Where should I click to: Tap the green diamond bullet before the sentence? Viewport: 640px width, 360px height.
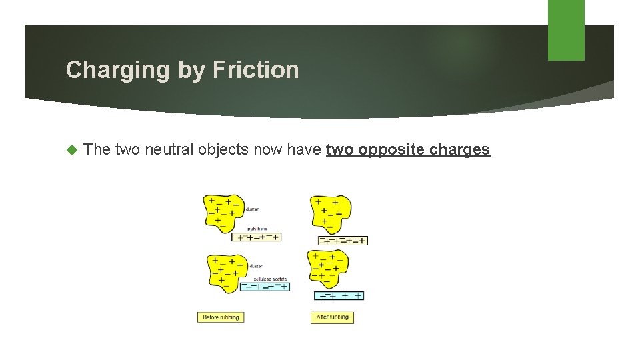73,150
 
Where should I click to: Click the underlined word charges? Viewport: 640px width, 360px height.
460,150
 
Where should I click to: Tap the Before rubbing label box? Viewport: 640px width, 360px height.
221,317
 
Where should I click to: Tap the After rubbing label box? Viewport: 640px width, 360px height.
332,317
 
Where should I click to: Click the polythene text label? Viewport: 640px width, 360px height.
257,229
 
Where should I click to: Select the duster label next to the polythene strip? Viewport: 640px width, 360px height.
253,209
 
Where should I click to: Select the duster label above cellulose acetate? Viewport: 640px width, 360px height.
255,265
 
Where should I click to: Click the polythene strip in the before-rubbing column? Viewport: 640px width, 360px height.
256,237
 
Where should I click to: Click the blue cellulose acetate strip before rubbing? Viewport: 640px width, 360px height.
265,286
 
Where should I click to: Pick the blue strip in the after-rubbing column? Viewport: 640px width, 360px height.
339,295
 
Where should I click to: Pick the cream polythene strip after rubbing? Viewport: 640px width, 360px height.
343,240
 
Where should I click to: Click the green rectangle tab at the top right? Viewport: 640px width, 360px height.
566,30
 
